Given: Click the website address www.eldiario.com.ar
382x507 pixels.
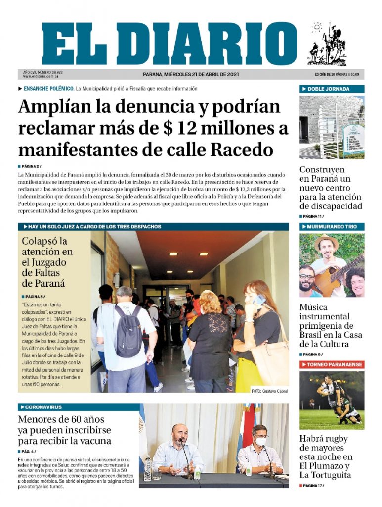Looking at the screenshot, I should (41, 77).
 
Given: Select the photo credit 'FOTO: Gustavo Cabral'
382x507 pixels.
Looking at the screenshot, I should (269, 391).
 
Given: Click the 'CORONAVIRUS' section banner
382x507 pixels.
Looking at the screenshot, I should (43, 407).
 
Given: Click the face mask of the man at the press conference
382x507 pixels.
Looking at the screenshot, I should (261, 441).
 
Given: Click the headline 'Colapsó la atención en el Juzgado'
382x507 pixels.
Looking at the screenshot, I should (47, 262).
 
